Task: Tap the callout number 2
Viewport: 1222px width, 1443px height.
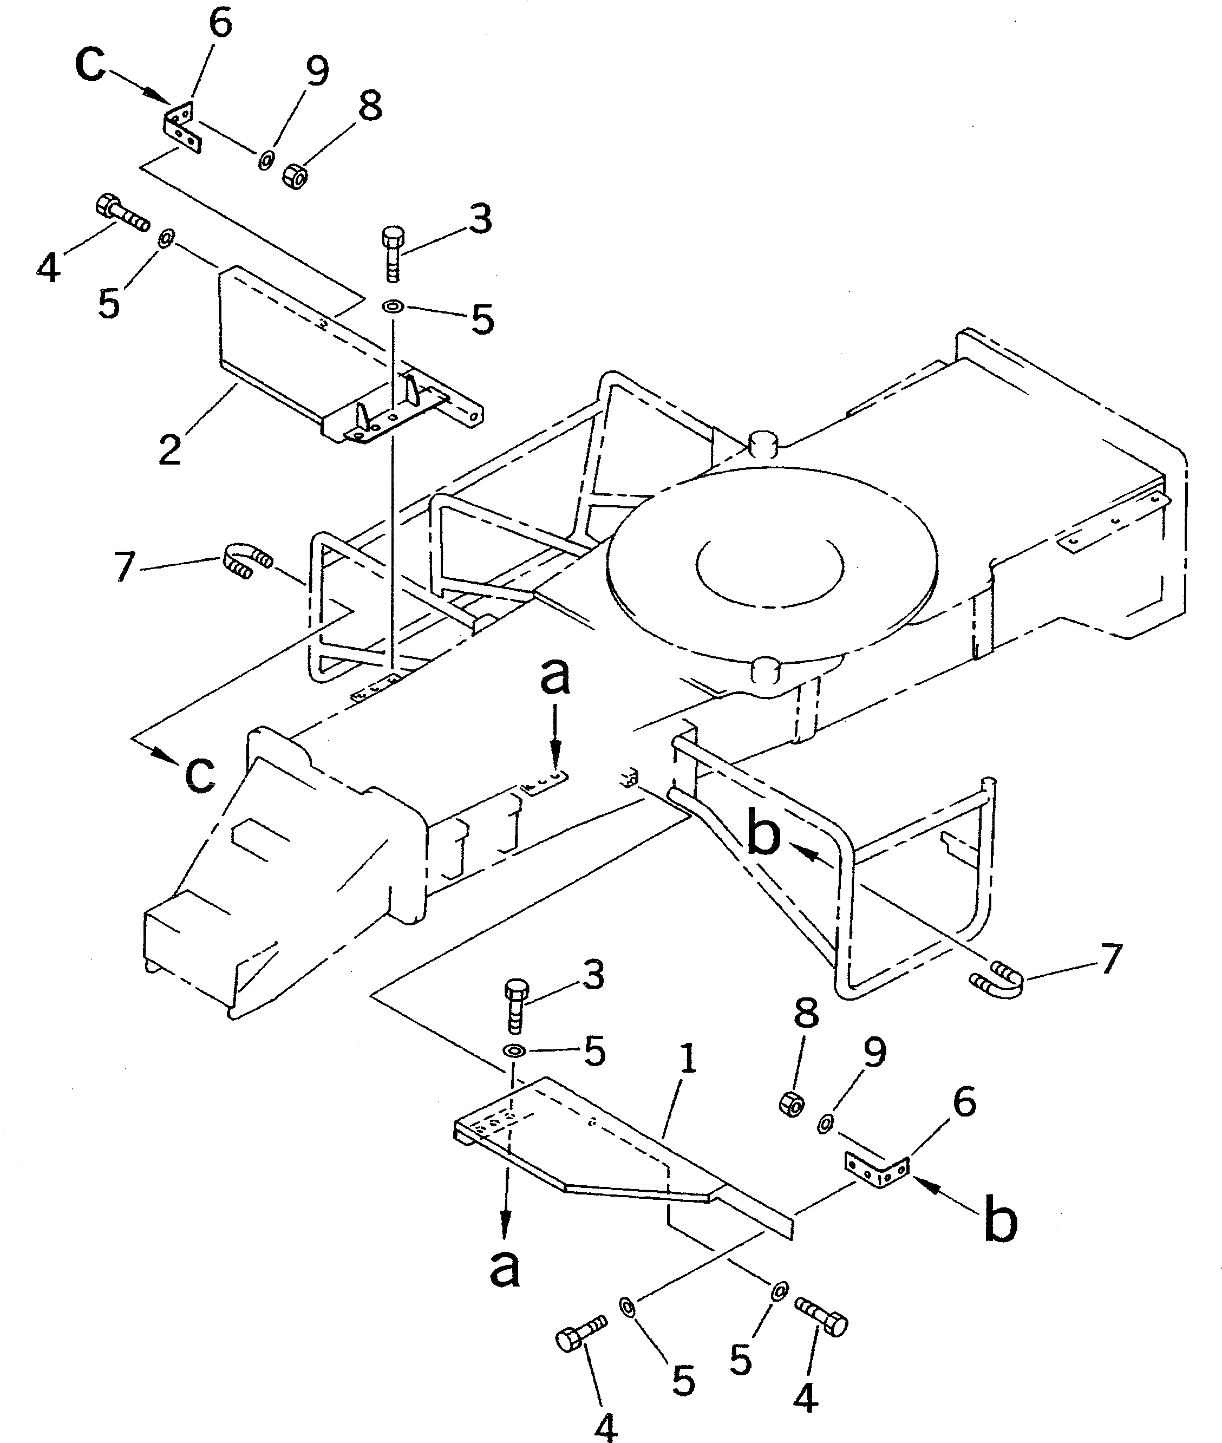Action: point(169,449)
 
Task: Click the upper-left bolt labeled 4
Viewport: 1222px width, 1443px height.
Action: point(121,212)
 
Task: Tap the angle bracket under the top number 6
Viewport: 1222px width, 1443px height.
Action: point(183,127)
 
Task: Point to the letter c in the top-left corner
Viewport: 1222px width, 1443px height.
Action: point(90,64)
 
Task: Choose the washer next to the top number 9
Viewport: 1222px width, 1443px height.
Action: point(265,161)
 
